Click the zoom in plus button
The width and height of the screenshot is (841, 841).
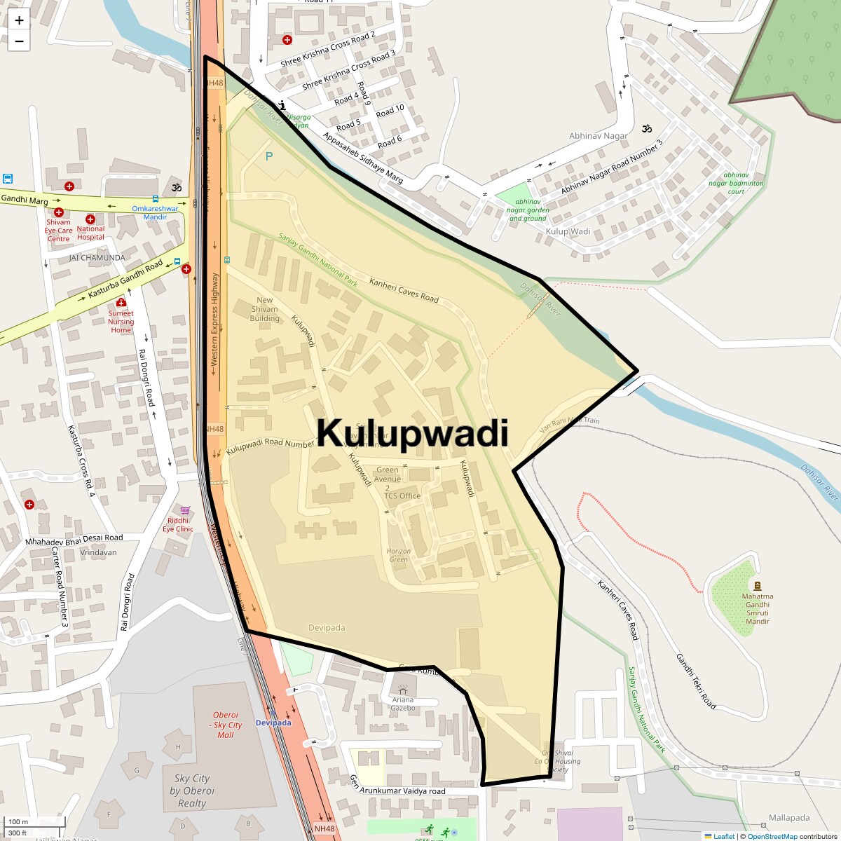click(x=19, y=20)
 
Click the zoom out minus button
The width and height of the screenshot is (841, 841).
click(x=19, y=41)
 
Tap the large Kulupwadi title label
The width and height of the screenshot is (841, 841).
click(x=412, y=433)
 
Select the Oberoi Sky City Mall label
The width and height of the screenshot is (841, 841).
click(x=226, y=725)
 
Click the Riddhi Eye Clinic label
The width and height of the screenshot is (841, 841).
click(x=178, y=524)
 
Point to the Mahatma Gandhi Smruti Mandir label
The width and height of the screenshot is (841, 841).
click(x=758, y=608)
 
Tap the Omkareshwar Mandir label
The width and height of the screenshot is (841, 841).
click(x=156, y=212)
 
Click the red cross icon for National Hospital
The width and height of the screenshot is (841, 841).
click(x=90, y=219)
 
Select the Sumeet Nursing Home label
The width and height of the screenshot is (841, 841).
click(x=121, y=322)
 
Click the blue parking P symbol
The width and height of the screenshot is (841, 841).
click(x=269, y=156)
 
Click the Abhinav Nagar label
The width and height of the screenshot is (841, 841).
click(x=599, y=136)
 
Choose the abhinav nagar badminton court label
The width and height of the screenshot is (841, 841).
click(x=736, y=183)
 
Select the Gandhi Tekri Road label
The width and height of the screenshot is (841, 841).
click(x=696, y=681)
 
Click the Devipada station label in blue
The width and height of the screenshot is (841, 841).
click(x=273, y=723)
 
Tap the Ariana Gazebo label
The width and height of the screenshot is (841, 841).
click(x=403, y=704)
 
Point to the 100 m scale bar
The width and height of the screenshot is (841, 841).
click(x=19, y=821)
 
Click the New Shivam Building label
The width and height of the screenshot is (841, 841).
click(x=265, y=309)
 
